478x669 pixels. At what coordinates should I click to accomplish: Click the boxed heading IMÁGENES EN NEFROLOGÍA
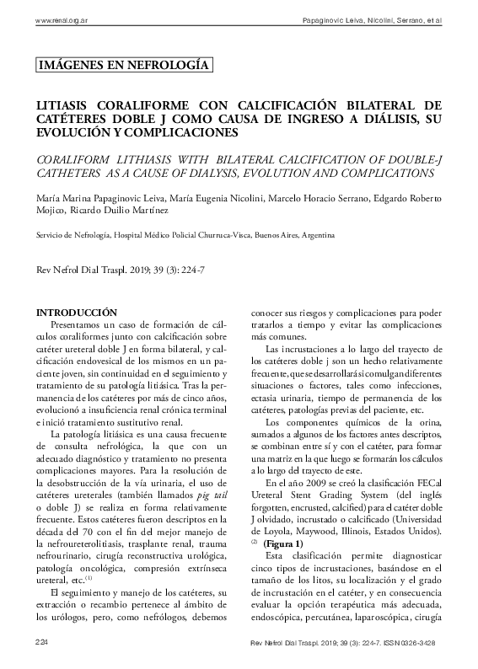tap(125, 65)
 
